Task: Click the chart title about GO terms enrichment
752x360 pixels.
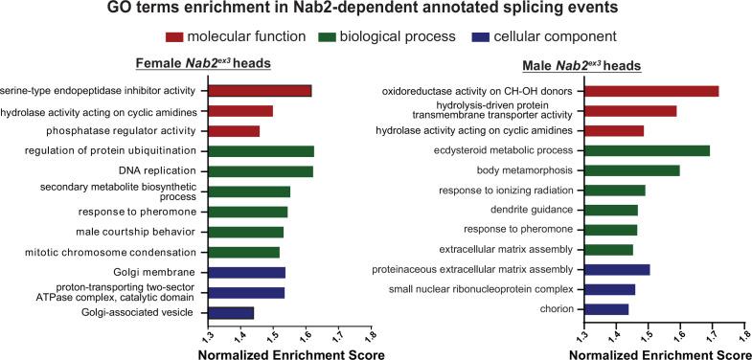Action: pyautogui.click(x=376, y=11)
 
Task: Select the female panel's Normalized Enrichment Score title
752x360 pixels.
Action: pyautogui.click(x=290, y=353)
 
